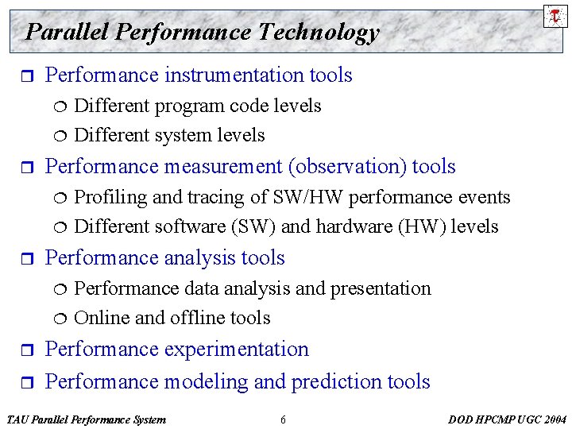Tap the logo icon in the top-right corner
[x=555, y=15]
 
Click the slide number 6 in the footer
[x=283, y=419]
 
